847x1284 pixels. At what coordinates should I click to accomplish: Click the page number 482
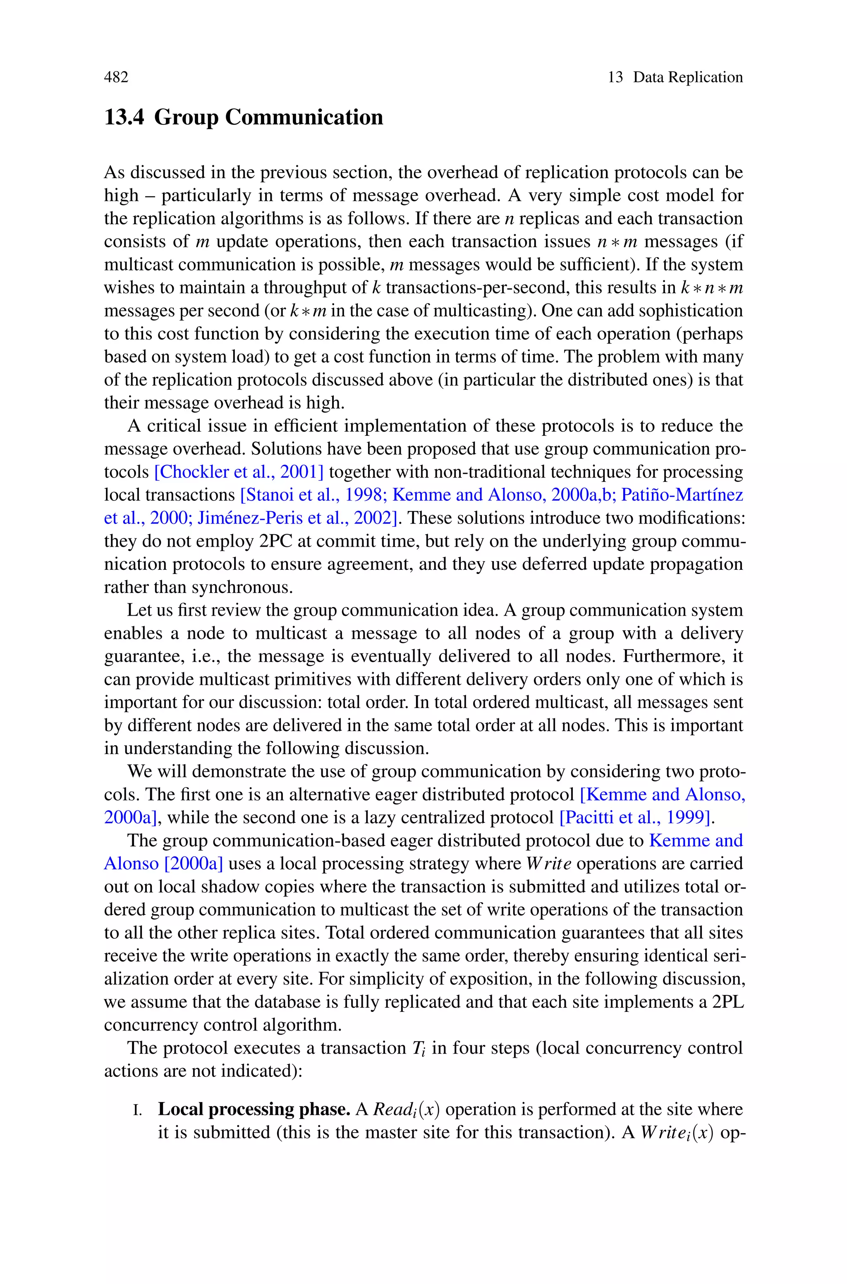[116, 77]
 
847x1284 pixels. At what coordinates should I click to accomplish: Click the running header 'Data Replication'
[688, 77]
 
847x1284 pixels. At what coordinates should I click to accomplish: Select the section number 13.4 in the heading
[124, 117]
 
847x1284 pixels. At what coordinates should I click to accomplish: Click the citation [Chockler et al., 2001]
[239, 472]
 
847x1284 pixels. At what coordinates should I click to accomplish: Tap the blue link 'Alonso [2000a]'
[163, 863]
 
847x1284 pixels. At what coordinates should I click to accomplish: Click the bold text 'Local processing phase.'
[254, 1109]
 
